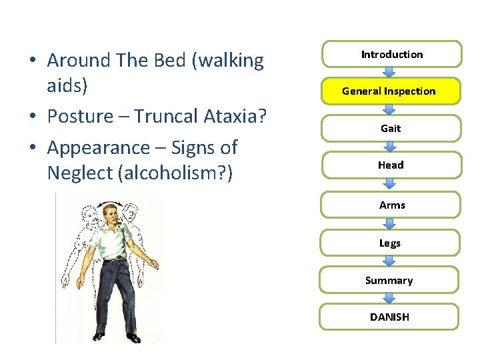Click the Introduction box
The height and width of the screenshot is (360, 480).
[x=391, y=55]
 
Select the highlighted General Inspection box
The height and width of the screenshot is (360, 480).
[x=389, y=91]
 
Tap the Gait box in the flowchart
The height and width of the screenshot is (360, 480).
[x=390, y=128]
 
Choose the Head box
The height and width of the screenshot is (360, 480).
[x=390, y=165]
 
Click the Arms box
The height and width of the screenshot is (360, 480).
[x=391, y=205]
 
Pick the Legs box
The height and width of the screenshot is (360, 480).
[x=389, y=243]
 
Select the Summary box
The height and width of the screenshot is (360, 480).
[x=389, y=280]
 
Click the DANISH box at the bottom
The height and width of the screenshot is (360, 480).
[x=389, y=317]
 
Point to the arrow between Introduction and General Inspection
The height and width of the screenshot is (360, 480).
[x=390, y=72]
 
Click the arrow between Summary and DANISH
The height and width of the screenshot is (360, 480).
[x=390, y=298]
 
